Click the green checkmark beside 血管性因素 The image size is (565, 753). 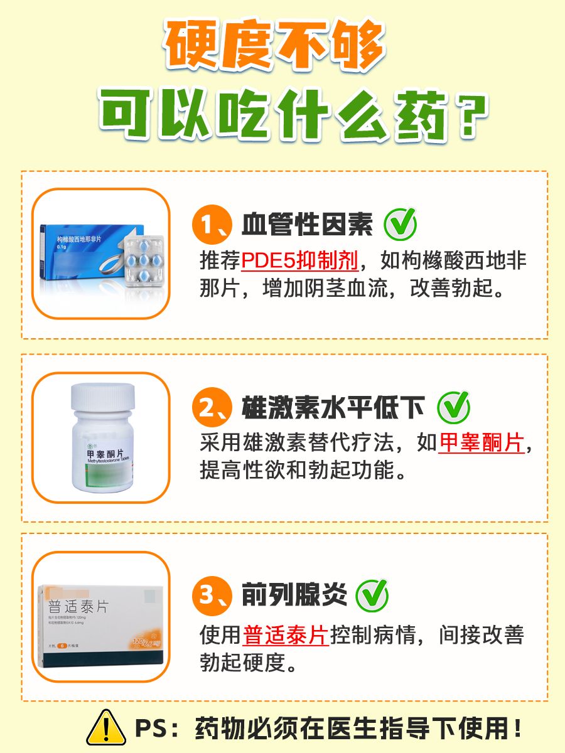[x=400, y=224]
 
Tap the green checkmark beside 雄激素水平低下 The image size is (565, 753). [x=453, y=408]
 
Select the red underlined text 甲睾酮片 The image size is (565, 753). [x=481, y=444]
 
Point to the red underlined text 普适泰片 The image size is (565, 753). [x=286, y=634]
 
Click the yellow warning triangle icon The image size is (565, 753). [x=106, y=728]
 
